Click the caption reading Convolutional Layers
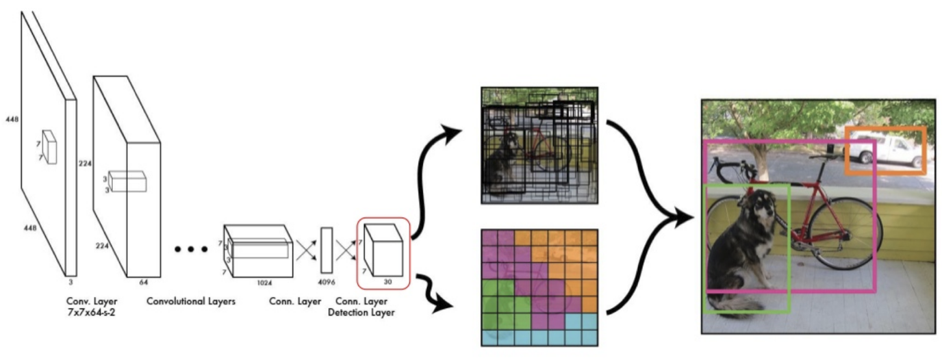point(191,301)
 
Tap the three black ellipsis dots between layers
point(190,250)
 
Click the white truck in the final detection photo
point(887,150)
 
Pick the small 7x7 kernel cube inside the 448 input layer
point(48,145)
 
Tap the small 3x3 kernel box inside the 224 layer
point(127,181)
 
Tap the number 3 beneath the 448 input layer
point(71,281)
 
